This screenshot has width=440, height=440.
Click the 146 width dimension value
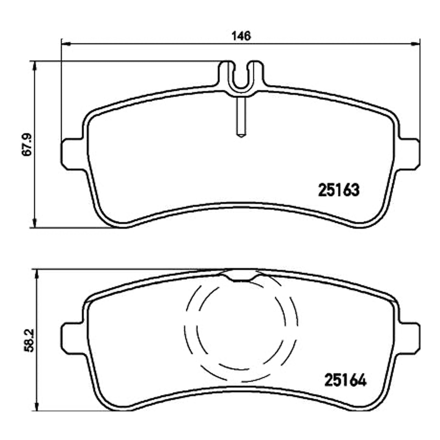(x=241, y=36)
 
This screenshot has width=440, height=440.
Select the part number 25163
(x=339, y=190)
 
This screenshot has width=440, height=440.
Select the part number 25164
(x=346, y=380)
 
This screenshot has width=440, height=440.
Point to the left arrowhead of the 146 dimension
(x=66, y=43)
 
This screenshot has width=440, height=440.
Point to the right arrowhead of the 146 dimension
(x=415, y=43)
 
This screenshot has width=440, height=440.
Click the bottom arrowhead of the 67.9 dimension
(x=35, y=222)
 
